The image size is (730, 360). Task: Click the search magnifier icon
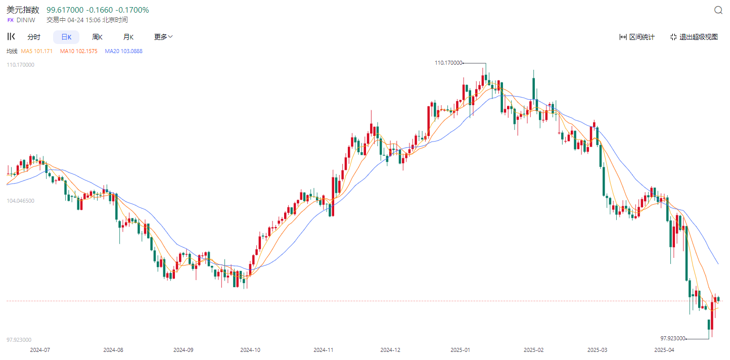pyautogui.click(x=718, y=10)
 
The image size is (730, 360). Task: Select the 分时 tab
pyautogui.click(x=34, y=37)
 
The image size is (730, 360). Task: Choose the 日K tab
pyautogui.click(x=66, y=37)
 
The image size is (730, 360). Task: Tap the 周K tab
pyautogui.click(x=97, y=37)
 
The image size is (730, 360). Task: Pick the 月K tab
pyautogui.click(x=128, y=37)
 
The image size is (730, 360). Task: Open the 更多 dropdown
pyautogui.click(x=163, y=37)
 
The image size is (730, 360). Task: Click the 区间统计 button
pyautogui.click(x=637, y=37)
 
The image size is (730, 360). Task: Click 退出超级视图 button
pyautogui.click(x=694, y=37)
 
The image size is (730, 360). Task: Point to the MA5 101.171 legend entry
pyautogui.click(x=36, y=51)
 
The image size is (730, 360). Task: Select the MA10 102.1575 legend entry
pyautogui.click(x=78, y=51)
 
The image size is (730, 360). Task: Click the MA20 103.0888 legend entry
pyautogui.click(x=123, y=51)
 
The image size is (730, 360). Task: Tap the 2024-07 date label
pyautogui.click(x=40, y=350)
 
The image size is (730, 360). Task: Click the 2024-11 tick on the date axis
pyautogui.click(x=324, y=350)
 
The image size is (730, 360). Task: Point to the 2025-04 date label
pyautogui.click(x=664, y=350)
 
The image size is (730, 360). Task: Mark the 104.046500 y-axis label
pyautogui.click(x=20, y=201)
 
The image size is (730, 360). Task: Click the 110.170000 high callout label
pyautogui.click(x=448, y=63)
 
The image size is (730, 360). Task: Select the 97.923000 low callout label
pyautogui.click(x=673, y=338)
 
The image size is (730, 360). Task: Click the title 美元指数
pyautogui.click(x=23, y=10)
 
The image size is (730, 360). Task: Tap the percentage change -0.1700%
pyautogui.click(x=132, y=10)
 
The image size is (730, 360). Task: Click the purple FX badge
pyautogui.click(x=10, y=20)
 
